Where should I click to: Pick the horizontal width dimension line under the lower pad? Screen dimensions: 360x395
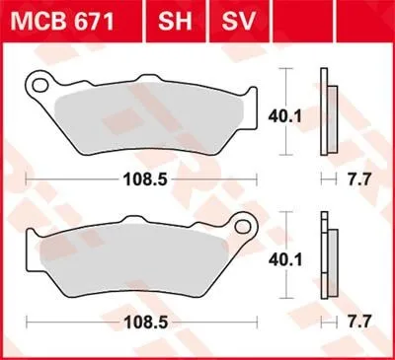click(x=69, y=322)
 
